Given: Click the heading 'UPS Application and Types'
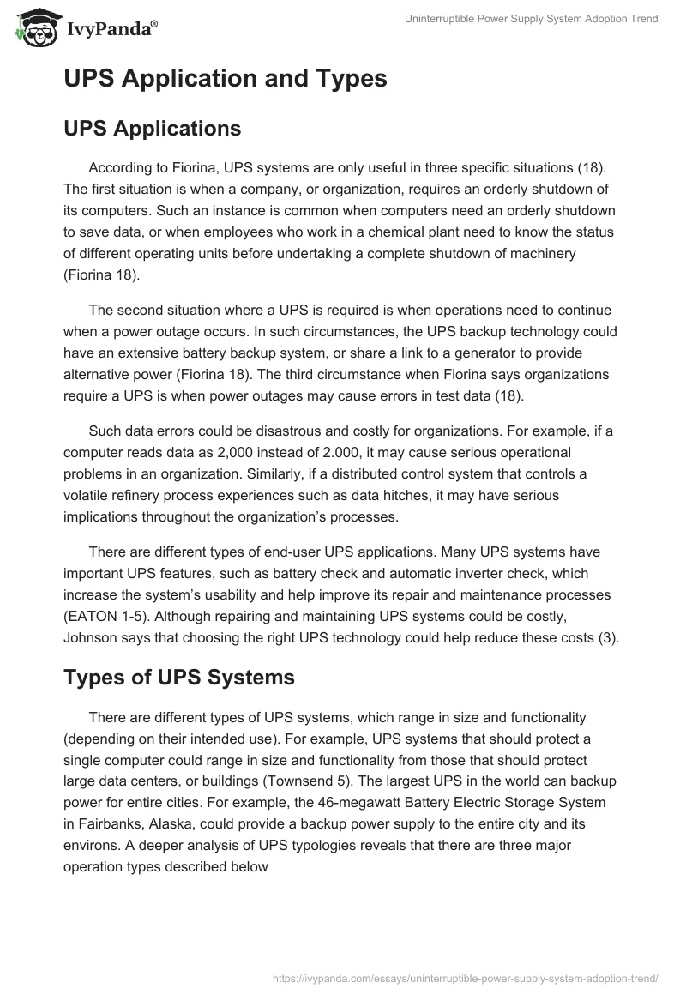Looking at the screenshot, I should (225, 79).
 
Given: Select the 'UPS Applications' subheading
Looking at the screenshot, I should (152, 129).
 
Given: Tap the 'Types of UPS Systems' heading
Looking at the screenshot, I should (178, 677).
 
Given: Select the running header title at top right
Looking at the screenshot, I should (531, 19).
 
